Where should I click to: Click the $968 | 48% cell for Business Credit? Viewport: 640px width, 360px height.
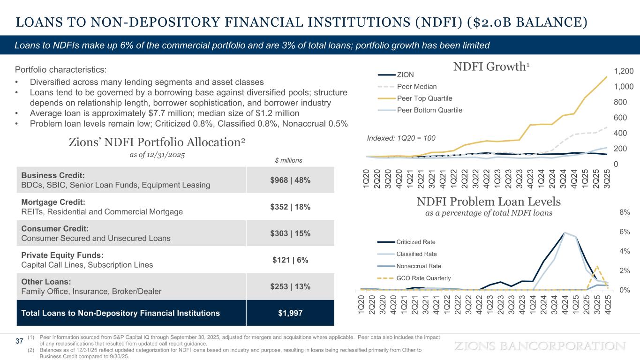[290, 180]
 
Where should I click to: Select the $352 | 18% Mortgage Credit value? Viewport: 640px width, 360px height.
[290, 207]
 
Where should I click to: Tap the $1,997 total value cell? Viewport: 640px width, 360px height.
[290, 313]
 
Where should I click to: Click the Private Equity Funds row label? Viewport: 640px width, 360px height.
[62, 255]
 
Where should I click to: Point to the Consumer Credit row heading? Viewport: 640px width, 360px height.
[55, 229]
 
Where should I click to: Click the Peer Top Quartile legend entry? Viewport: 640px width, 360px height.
[415, 98]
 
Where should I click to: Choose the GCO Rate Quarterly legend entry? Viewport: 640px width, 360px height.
[414, 278]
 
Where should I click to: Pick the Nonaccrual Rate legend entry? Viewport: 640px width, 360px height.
[409, 266]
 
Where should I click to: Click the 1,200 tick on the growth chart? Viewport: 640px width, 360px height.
[624, 71]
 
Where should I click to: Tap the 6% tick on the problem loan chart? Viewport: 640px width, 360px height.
[625, 232]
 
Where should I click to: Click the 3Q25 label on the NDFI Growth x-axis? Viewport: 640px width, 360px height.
[607, 179]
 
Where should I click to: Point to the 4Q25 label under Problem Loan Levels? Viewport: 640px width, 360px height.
[608, 305]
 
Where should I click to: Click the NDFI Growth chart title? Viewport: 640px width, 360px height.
[491, 67]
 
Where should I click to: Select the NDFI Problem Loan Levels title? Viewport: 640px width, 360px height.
[489, 202]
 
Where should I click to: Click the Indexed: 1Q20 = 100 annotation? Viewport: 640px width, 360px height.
[401, 138]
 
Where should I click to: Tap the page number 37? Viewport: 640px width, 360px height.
[19, 341]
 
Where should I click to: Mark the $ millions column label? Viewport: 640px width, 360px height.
[288, 160]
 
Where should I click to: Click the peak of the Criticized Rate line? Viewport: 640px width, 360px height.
[565, 232]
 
